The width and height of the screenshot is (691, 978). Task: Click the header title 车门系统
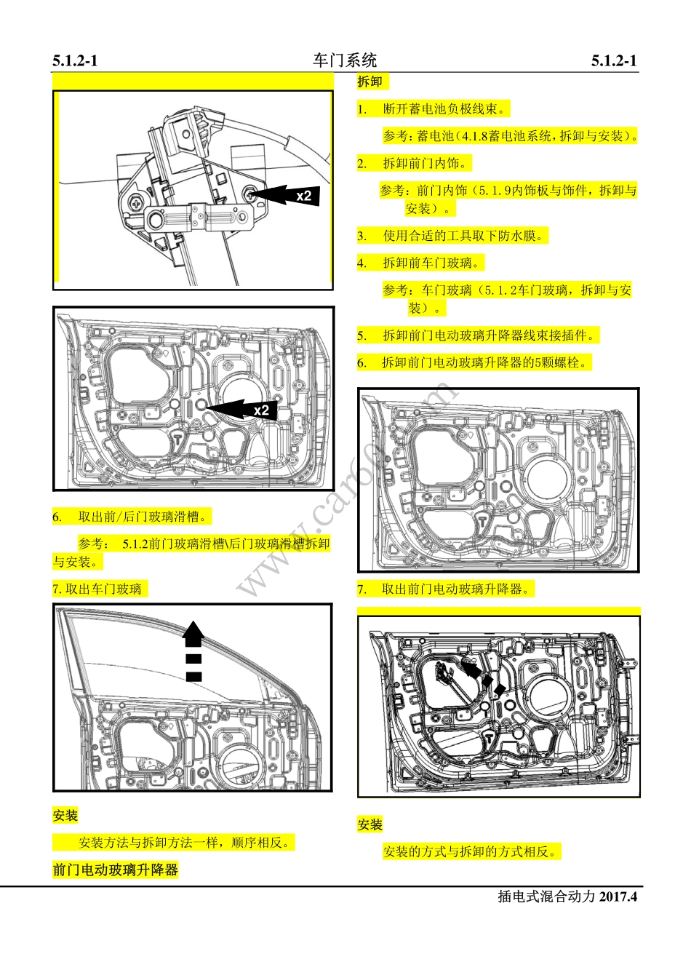tap(345, 60)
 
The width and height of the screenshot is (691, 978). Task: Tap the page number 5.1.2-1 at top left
tap(75, 61)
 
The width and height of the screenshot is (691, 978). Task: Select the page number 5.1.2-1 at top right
tap(614, 61)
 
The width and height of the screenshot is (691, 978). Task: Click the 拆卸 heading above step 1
tap(370, 81)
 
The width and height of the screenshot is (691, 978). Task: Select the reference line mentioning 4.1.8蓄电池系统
tap(510, 136)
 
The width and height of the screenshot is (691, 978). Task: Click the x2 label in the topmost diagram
tap(303, 196)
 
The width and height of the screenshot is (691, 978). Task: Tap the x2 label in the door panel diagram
tap(261, 410)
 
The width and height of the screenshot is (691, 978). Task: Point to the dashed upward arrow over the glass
tap(193, 651)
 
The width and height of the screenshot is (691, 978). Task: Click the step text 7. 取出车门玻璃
tap(97, 589)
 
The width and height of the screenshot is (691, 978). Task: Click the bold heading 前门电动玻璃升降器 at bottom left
tap(115, 870)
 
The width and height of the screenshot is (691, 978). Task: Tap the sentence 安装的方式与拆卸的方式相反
tap(473, 851)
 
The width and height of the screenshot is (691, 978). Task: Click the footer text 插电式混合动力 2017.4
tap(567, 896)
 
